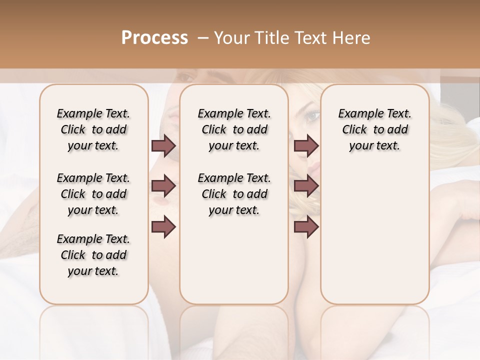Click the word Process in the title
point(154,38)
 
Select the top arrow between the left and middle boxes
point(163,146)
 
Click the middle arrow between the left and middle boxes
point(163,186)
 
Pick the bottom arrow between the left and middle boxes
point(163,227)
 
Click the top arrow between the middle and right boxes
point(306,146)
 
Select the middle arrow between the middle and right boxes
point(306,186)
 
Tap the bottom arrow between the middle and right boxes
point(306,227)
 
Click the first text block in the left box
point(93,129)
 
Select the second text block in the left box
point(93,194)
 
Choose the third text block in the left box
point(93,255)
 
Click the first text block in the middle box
point(234,129)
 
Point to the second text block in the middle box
point(234,194)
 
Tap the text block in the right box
point(374,129)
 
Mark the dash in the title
point(202,38)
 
